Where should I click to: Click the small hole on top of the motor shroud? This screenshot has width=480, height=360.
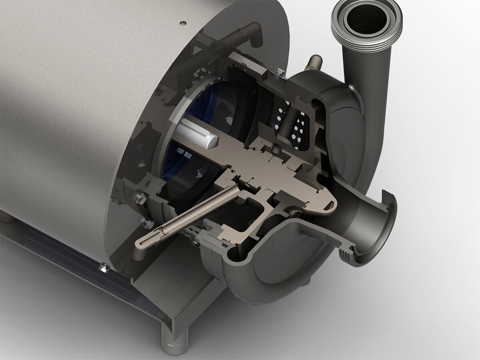(183, 23)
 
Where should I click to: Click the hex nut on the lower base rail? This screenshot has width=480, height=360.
(104, 268)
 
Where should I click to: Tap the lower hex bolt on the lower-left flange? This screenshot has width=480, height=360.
(147, 223)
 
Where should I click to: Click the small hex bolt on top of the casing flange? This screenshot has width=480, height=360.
(281, 72)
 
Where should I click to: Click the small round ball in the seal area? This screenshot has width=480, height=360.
(276, 149)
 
